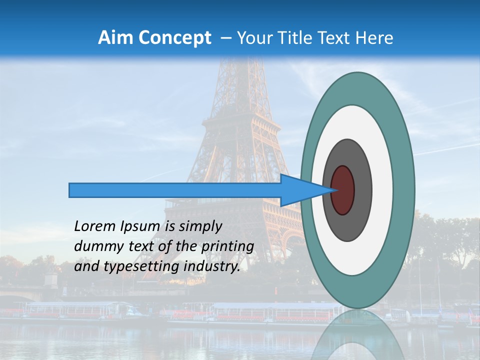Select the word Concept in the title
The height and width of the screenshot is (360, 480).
[174, 38]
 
